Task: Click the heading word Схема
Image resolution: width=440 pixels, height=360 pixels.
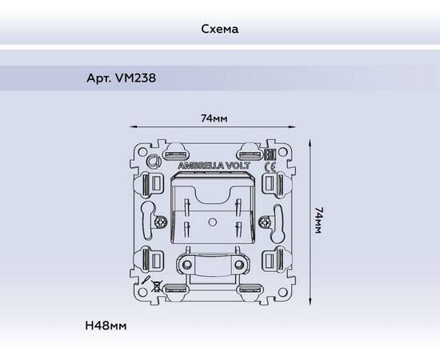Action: point(220,29)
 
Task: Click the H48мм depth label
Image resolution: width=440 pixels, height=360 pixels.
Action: point(106,326)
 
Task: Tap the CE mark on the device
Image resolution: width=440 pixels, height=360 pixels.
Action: point(270,168)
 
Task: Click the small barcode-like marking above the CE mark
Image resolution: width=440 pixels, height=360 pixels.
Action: point(270,155)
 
